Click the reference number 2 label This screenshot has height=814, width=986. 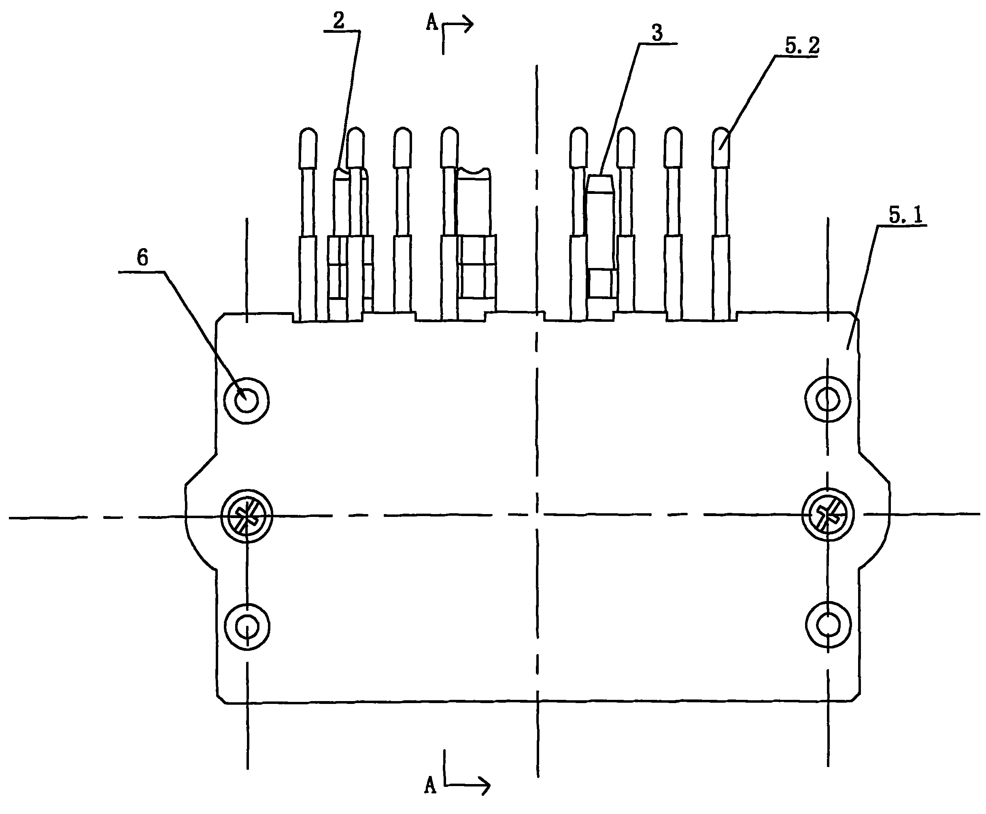(x=338, y=21)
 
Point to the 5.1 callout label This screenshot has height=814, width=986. (x=905, y=215)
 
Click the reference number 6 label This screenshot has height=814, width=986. (x=142, y=258)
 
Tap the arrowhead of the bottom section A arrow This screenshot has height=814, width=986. (x=486, y=785)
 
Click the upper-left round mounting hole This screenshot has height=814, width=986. (x=246, y=401)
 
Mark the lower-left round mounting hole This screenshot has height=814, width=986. (x=247, y=626)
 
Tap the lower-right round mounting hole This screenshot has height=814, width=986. (x=829, y=625)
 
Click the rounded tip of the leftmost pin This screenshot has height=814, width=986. (x=308, y=136)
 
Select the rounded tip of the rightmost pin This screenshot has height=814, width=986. (x=720, y=136)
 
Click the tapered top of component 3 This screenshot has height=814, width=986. (x=600, y=183)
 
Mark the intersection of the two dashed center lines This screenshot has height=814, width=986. (x=537, y=515)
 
